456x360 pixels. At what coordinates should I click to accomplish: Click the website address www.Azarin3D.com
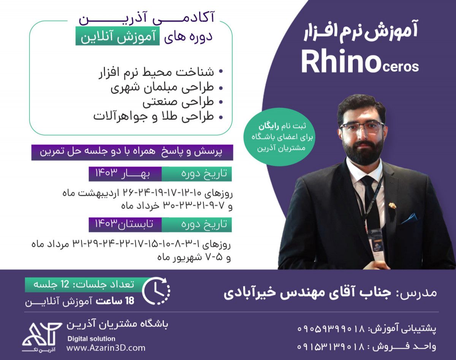[x=106, y=347]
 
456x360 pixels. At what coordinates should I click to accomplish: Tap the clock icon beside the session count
[x=156, y=291]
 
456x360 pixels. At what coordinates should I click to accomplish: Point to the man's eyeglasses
[x=362, y=127]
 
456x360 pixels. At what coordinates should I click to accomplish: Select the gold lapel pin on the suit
[x=392, y=206]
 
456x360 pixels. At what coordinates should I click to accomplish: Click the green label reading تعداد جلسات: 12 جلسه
[x=79, y=284]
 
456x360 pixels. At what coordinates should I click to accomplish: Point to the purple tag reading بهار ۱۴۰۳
[x=125, y=174]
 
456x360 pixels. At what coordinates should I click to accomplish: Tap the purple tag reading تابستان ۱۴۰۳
[x=125, y=225]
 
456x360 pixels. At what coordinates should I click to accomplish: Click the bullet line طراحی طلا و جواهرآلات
[x=154, y=116]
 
